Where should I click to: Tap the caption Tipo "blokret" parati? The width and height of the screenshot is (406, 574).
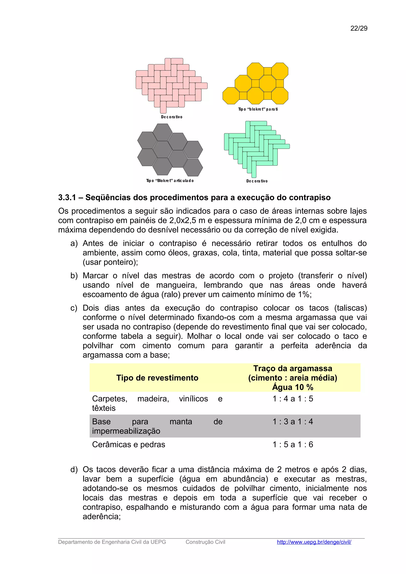pos(258,109)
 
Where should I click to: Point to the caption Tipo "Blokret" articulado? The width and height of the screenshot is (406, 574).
pos(170,180)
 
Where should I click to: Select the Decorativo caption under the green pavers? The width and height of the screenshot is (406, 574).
pos(257,181)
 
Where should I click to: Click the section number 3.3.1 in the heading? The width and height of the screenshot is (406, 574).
pos(67,197)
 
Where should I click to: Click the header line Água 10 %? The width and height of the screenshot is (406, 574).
pos(292,387)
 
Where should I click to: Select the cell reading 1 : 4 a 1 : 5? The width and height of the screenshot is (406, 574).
pos(292,399)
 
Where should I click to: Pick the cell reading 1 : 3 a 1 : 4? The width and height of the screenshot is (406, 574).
pos(292,421)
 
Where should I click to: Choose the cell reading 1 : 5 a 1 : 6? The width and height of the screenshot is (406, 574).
pos(292,444)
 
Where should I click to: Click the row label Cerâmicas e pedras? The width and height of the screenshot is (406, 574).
pos(129,444)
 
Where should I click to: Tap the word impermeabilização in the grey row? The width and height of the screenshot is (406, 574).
pos(126,431)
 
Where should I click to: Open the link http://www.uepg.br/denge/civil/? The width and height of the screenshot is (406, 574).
pos(314,542)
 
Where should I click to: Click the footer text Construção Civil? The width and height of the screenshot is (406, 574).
pos(205,542)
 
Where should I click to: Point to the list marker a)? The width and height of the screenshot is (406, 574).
pos(74,243)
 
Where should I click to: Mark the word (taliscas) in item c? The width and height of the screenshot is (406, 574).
pos(350,308)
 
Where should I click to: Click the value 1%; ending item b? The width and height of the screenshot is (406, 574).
pos(304,294)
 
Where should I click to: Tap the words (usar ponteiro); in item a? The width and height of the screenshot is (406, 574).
pos(110,262)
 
